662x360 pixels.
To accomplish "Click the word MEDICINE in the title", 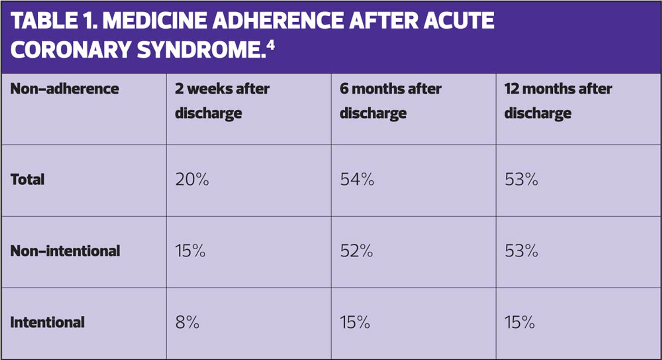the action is tap(154, 21).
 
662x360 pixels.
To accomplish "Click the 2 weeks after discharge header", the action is tap(222, 101).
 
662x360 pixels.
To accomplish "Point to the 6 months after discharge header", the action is tap(390, 101).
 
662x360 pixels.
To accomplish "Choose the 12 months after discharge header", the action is tap(558, 101).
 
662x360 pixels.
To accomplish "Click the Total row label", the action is tap(28, 179).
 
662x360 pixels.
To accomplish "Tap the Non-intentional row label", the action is tap(65, 251).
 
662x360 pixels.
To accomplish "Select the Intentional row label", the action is tap(47, 322).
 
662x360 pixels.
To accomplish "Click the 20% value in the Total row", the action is tap(192, 179).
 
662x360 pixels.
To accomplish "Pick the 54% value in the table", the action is tap(357, 179).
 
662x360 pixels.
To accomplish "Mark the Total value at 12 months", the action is tap(521, 179).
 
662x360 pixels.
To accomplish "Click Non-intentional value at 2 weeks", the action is tap(190, 251).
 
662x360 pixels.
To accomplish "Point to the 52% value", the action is tap(357, 251).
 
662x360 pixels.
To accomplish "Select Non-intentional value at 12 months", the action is tap(521, 251).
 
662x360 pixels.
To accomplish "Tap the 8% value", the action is tap(187, 322).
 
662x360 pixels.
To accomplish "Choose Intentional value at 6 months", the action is tap(355, 322).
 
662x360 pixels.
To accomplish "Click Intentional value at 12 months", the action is tap(520, 322).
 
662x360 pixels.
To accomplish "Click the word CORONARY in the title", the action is tap(71, 50).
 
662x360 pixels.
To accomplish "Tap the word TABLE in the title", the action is tap(44, 21).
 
